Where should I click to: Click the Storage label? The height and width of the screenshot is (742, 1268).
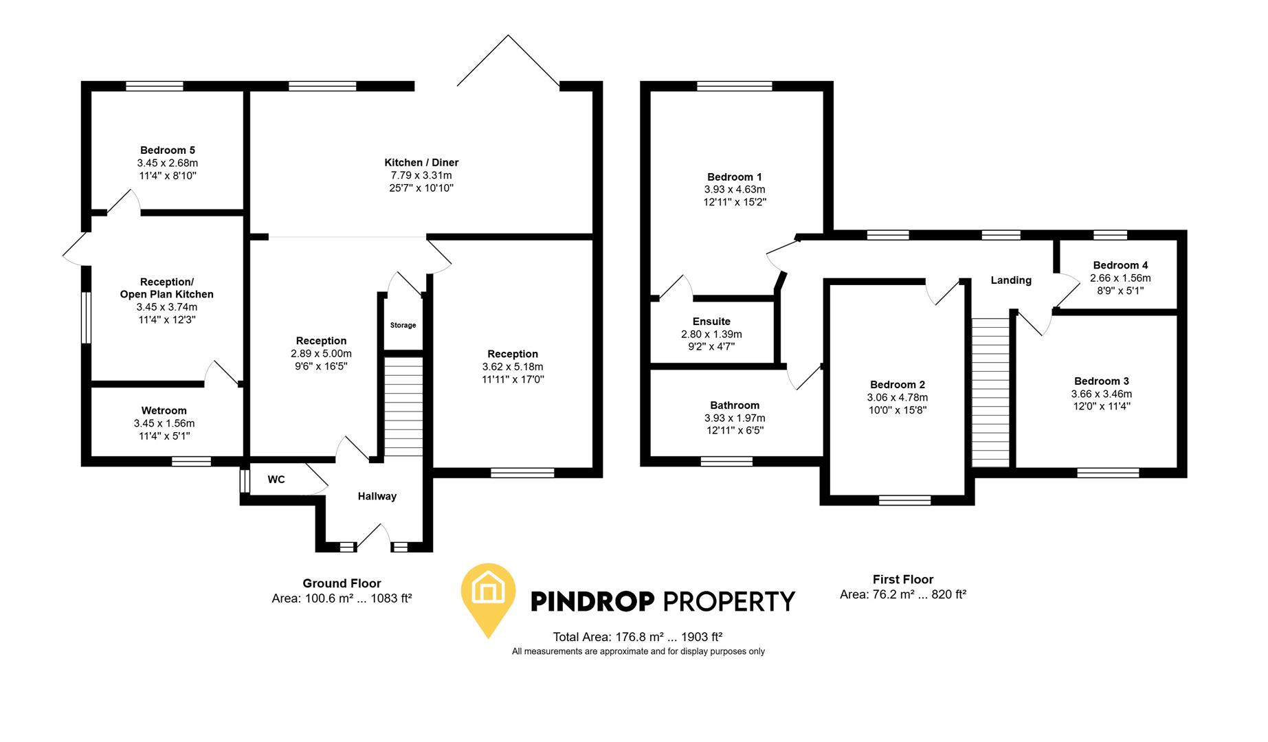403,325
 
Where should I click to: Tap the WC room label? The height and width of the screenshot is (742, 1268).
276,480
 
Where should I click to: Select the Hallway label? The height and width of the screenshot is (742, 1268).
377,496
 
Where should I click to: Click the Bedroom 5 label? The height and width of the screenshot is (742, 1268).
168,150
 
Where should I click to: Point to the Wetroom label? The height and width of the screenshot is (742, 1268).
164,411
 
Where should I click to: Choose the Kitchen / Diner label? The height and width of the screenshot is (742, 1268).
421,163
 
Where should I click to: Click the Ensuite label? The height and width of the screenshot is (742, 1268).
711,322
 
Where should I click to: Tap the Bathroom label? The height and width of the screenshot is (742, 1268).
735,405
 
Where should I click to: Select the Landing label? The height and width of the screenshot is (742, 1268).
1010,280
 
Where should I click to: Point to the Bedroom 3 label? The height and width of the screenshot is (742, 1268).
1101,381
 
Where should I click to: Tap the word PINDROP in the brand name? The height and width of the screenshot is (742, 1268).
592,602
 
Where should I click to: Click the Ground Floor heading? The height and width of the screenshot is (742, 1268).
342,583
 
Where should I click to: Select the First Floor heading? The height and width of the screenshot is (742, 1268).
903,579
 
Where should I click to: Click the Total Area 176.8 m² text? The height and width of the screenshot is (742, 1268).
637,637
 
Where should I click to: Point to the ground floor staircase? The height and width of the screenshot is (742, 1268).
403,405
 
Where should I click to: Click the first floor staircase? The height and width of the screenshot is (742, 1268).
990,392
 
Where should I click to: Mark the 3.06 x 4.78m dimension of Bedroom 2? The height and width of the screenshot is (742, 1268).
897,397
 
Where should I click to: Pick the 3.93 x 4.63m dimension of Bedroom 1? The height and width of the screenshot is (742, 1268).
734,190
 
